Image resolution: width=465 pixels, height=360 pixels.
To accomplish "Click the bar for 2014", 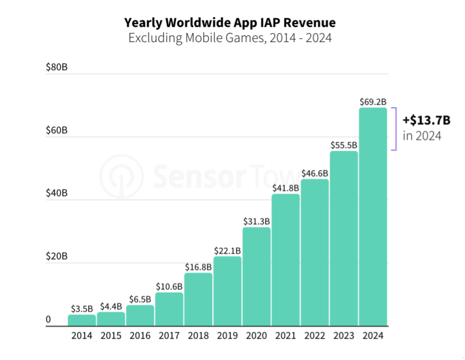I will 82,321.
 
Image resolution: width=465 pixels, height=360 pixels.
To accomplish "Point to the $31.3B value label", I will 256,221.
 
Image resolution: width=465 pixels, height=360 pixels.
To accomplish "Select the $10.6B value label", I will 169,286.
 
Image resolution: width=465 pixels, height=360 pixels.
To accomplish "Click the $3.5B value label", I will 82,309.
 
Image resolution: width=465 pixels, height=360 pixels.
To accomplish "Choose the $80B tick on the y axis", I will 57,67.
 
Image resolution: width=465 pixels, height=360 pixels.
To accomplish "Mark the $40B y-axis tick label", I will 57,193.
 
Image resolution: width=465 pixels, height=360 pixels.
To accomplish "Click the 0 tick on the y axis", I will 49,319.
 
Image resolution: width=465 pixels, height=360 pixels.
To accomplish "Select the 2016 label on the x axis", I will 140,336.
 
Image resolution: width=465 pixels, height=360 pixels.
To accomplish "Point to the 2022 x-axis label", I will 314,336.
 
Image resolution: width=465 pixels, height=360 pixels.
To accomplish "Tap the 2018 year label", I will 198,336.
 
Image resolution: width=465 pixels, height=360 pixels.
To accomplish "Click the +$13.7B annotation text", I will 427,121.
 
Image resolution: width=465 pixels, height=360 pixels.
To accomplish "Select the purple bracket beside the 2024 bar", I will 395,129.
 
